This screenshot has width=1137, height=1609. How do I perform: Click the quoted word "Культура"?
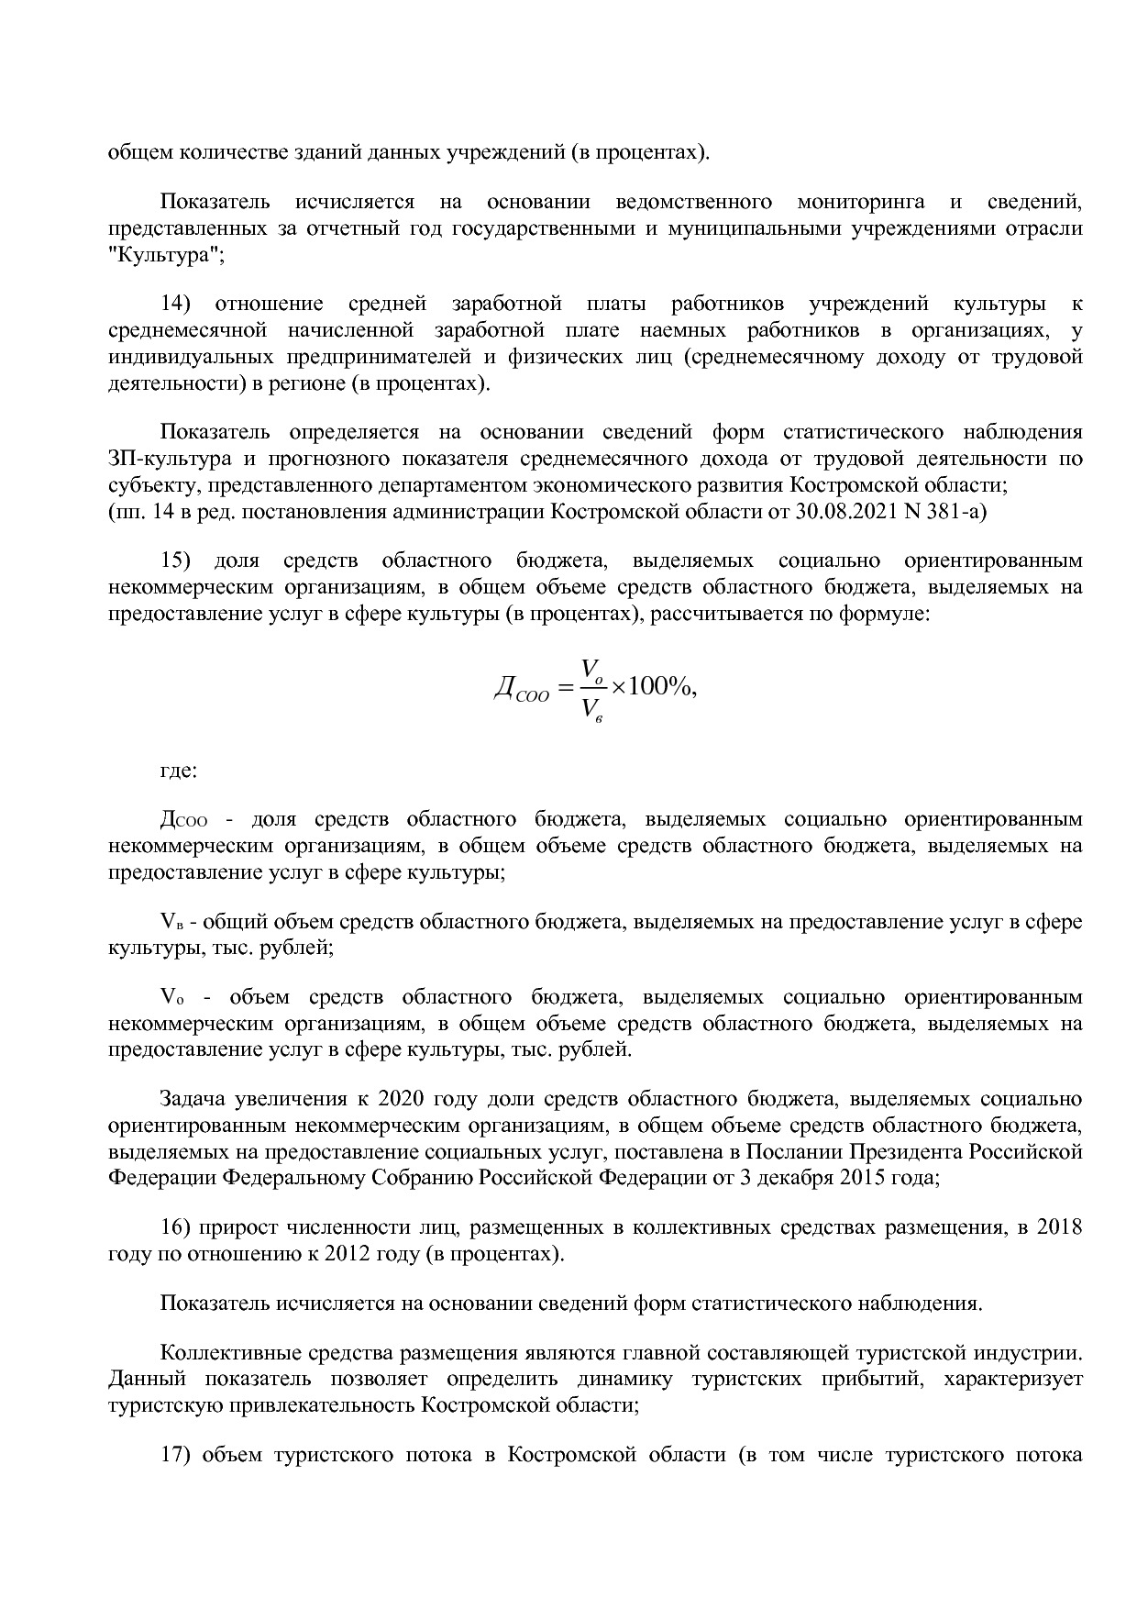click(x=165, y=254)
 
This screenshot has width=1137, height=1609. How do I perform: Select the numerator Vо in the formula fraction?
click(x=592, y=667)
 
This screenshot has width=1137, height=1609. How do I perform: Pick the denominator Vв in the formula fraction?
click(x=592, y=709)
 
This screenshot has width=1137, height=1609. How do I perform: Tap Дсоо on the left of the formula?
click(x=521, y=689)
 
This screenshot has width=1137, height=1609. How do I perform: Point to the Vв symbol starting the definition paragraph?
click(x=171, y=921)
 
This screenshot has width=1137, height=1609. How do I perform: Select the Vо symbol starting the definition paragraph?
click(x=171, y=997)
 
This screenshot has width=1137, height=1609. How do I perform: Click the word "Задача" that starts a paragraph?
click(x=193, y=1099)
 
